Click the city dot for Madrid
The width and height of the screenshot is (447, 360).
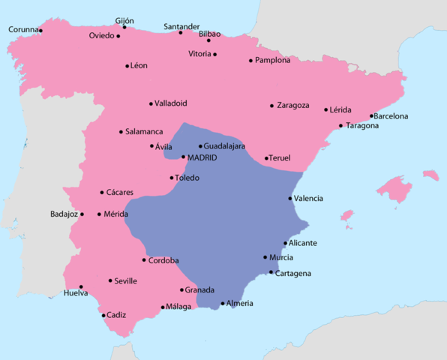coord(184,157)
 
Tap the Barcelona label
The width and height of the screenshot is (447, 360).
coord(392,116)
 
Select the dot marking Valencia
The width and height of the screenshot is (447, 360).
coord(290,198)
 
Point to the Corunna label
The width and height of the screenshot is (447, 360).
coord(23,30)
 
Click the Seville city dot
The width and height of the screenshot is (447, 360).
coord(110,280)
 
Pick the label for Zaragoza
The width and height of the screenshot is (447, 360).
coord(293,105)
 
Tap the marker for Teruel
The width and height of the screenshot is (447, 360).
coord(267,157)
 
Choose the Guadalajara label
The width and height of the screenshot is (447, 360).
coord(225,146)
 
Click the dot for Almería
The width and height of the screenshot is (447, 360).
coord(223,304)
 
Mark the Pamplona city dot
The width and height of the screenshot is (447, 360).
coord(251,61)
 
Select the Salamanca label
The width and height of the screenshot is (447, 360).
coord(144,132)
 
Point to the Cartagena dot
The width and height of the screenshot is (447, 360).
coord(271,273)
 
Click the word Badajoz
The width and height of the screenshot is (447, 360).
coord(64,214)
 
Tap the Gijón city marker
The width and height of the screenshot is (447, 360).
coord(124,27)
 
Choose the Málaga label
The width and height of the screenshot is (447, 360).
coord(178,306)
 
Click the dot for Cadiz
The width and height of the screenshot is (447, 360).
coord(103,315)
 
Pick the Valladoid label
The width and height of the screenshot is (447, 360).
coord(172,103)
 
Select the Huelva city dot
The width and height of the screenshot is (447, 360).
coord(81,286)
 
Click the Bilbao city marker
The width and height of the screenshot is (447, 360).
coord(208,40)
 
